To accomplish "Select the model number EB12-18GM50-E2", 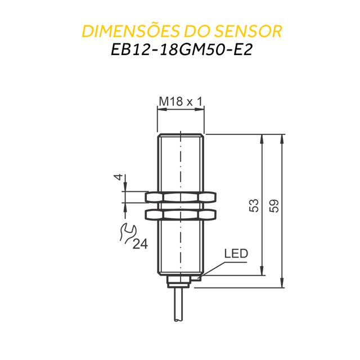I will (x=181, y=49).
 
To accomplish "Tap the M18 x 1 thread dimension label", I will (x=181, y=101).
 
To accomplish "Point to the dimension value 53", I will (x=254, y=205).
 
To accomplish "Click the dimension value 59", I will (x=274, y=205).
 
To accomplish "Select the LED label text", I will (x=236, y=254).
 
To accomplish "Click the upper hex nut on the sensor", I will (x=181, y=197).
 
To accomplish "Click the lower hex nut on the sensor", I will (x=181, y=214).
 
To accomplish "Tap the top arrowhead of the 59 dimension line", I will (x=281, y=138).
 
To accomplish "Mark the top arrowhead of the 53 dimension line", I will (x=262, y=138).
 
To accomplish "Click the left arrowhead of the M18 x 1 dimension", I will (x=160, y=111).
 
